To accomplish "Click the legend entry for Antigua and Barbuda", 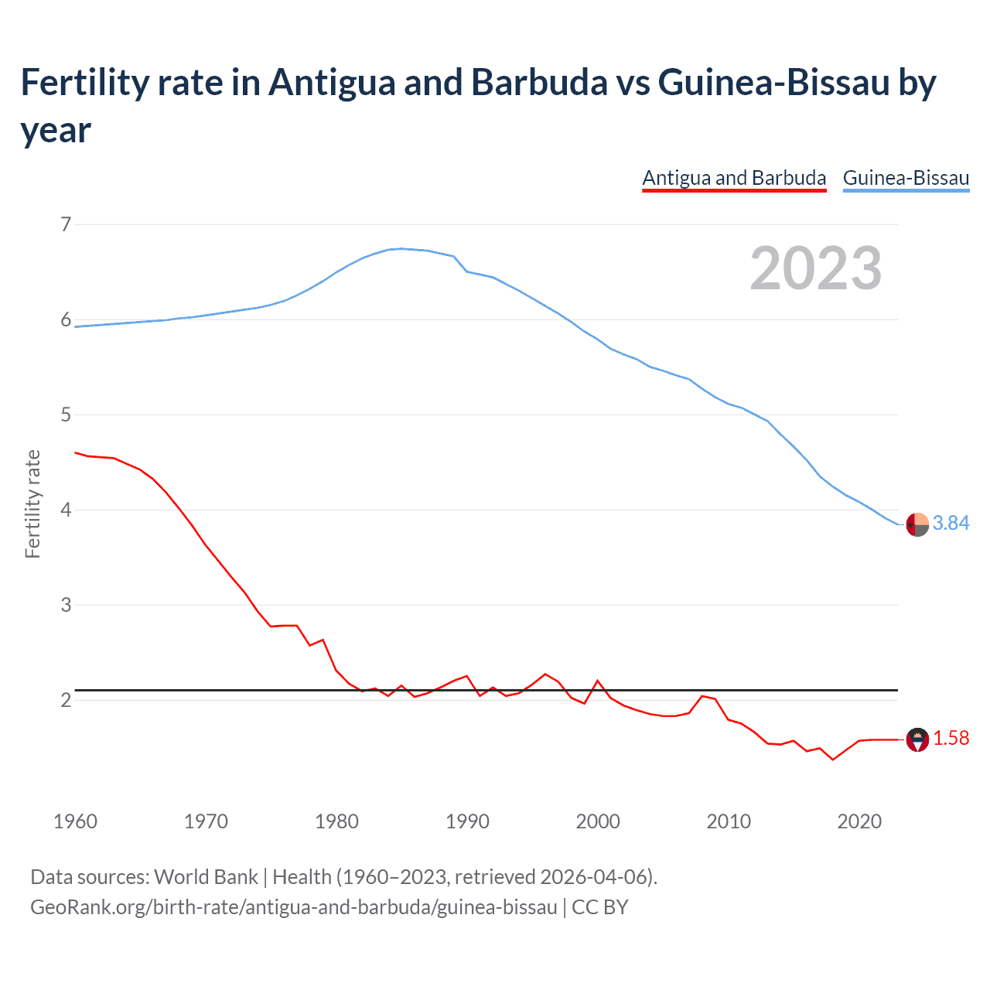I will [734, 178].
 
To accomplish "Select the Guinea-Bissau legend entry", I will [906, 178].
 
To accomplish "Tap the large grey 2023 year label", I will [816, 268].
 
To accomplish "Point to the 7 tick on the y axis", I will [66, 225].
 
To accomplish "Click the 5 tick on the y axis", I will [66, 415].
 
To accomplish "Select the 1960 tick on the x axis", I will [75, 821].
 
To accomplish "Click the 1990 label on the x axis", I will [467, 821].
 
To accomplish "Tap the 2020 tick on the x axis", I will [859, 821].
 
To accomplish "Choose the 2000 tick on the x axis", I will [598, 821].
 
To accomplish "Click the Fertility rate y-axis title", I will [32, 504].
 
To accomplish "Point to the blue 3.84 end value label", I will [951, 524].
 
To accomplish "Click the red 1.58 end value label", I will [951, 739].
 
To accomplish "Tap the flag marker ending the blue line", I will [917, 524].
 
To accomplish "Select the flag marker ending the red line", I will [917, 739].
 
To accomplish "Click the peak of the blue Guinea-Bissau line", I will [401, 248].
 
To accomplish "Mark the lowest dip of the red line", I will [833, 760].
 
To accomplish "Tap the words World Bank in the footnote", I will [206, 877].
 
